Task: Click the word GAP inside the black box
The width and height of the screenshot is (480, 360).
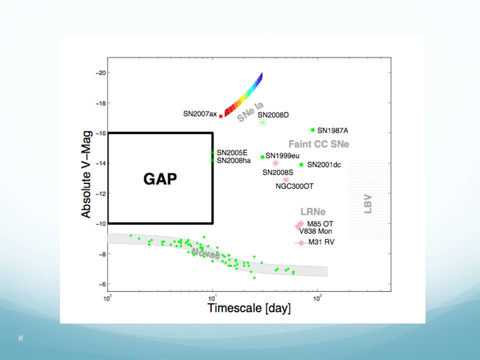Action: click(160, 178)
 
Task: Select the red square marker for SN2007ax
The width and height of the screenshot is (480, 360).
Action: click(221, 116)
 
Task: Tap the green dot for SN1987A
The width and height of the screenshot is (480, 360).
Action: click(313, 130)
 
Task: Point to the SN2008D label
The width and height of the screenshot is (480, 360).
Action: click(273, 115)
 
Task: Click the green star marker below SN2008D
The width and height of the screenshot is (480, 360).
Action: click(263, 122)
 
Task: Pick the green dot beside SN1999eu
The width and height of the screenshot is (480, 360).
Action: click(262, 157)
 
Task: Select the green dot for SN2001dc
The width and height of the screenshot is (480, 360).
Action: click(301, 164)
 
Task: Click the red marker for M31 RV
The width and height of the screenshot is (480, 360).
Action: click(300, 242)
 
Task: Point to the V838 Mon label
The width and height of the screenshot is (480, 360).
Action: click(315, 231)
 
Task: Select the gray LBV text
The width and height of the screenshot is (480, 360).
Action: click(368, 204)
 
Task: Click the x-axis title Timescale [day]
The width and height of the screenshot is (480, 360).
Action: click(249, 307)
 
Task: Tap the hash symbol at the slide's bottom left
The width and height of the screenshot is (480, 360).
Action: click(20, 338)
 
